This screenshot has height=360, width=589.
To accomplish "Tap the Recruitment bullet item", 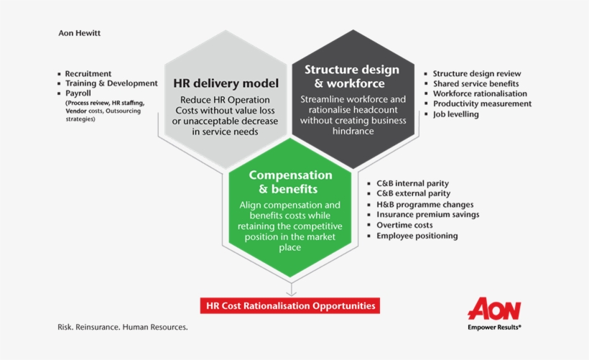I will (88, 73).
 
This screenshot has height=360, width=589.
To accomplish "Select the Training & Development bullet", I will (111, 83).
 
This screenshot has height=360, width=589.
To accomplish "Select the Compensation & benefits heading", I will (290, 182).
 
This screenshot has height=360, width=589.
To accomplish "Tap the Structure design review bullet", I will (477, 73).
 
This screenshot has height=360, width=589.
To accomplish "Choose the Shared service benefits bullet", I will (475, 83).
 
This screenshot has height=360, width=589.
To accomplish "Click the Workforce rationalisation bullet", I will (480, 93).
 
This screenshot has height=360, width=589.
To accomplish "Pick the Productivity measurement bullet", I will (482, 103).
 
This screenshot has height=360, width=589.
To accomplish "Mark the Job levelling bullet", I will (455, 114).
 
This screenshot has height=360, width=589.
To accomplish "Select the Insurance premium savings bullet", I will (427, 214).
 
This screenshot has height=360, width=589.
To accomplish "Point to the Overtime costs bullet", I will (404, 225).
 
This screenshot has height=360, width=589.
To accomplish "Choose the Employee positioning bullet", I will (417, 236).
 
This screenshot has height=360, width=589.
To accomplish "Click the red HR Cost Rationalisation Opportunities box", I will (290, 306).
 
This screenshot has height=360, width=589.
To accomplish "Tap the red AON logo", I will (494, 308).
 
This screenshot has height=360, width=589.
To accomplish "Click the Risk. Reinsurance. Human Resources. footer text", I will (123, 327).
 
